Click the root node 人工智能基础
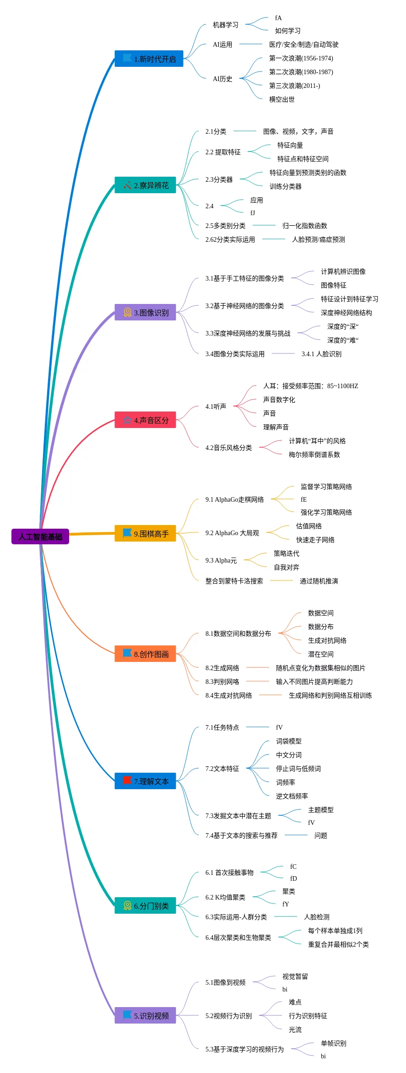40,536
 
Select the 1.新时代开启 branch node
149,59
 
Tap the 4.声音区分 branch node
145,420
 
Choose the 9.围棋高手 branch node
145,534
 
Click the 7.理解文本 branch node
145,781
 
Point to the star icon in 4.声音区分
127,420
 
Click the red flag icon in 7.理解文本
127,780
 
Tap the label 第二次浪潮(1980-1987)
301,72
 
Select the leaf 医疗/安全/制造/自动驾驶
303,44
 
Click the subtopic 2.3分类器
219,179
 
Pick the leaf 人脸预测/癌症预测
318,239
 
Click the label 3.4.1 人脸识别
321,354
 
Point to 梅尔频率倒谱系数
314,455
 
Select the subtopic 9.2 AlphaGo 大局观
232,533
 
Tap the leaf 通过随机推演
319,581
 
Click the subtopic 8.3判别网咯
222,682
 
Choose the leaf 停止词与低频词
298,769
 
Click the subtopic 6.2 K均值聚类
225,897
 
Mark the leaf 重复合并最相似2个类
338,944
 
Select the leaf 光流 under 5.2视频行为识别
295,1030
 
